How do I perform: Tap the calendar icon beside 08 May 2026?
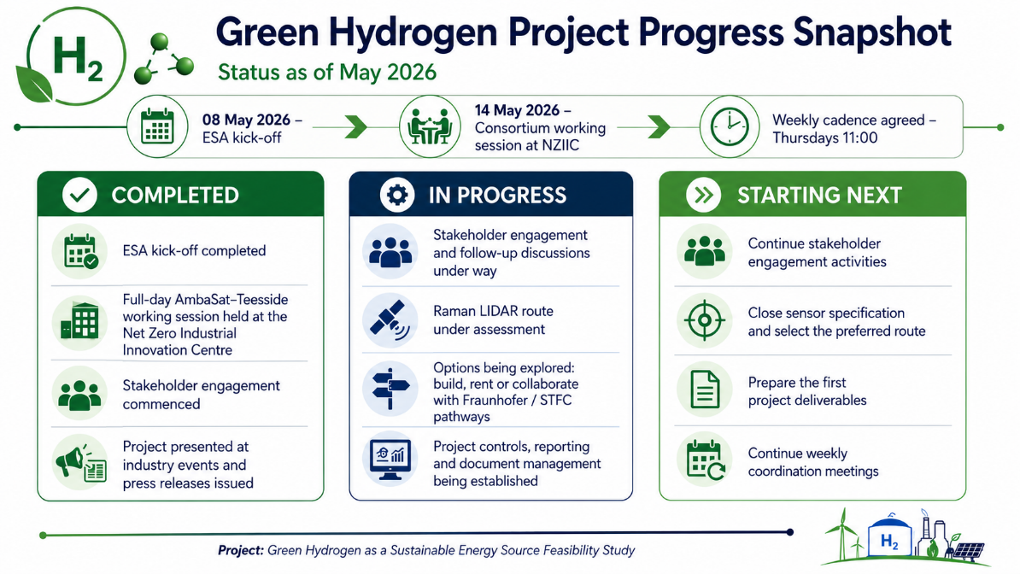coord(157,126)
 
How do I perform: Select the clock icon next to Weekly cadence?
coord(730,126)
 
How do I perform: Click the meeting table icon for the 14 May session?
coord(430,126)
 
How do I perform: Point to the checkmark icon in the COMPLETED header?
coord(79,195)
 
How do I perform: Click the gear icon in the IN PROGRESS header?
coord(397,195)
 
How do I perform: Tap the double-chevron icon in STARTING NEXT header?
coord(703,195)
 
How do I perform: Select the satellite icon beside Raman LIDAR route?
coord(390,320)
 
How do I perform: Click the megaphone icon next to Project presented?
coord(79,463)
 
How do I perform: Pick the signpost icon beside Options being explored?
coord(390,389)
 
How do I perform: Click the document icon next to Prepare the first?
coord(704,389)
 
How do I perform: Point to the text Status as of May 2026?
coord(326,72)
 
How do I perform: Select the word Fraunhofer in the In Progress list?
coord(492,401)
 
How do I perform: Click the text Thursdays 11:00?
coord(825,138)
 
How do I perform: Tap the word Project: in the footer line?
coord(241,551)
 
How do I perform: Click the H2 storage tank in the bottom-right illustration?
coord(890,535)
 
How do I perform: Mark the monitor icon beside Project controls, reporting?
coord(390,459)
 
